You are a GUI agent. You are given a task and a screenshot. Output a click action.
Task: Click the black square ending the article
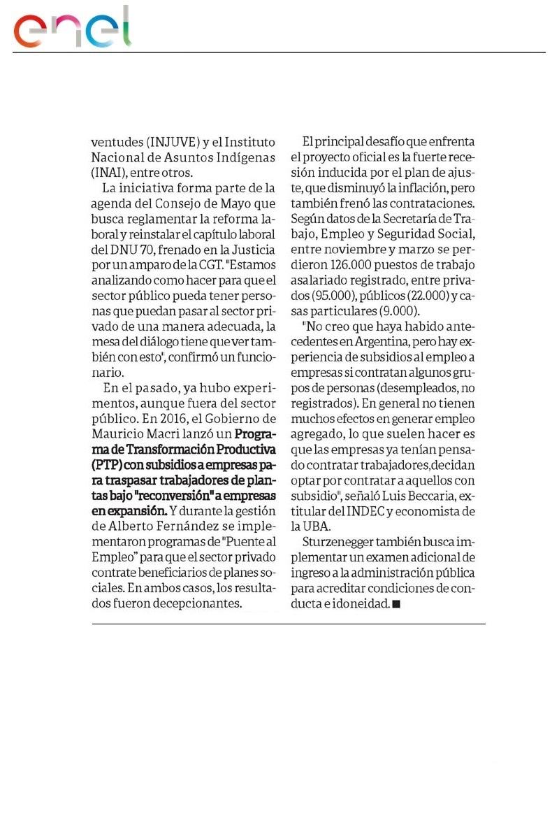[396, 603]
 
